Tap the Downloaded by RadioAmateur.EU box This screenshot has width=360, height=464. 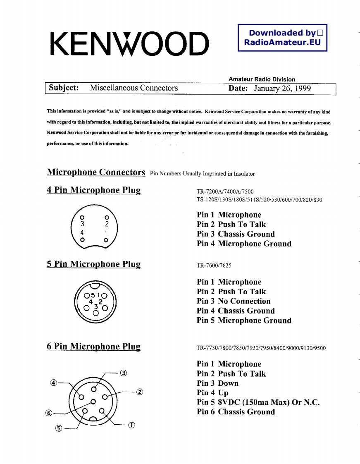(282, 38)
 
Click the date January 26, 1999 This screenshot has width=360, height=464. (282, 88)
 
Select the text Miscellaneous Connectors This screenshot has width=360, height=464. (134, 88)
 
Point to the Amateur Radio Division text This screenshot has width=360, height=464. (262, 79)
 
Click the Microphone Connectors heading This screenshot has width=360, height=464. (96, 172)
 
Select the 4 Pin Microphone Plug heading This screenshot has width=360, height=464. (93, 190)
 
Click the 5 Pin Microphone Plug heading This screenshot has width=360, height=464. (93, 264)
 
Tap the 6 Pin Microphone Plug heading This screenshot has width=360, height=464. (93, 347)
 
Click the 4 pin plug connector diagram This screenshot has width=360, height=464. (95, 228)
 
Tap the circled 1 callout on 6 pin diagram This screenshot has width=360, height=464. (131, 425)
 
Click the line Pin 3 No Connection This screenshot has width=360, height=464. (234, 301)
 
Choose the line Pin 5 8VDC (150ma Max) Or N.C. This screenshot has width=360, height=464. (258, 402)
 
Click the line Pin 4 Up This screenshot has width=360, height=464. (212, 393)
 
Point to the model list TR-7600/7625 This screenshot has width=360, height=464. (211, 265)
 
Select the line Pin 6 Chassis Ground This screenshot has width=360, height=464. (236, 412)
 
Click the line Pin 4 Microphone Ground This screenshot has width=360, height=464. (244, 244)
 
